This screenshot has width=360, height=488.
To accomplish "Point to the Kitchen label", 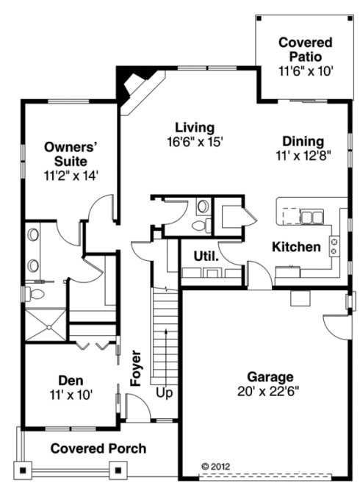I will tap(296, 247).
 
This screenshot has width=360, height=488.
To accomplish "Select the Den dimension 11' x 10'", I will tap(71, 395).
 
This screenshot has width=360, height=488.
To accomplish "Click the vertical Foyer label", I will tap(136, 367).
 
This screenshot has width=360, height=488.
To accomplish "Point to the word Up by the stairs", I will tap(165, 393).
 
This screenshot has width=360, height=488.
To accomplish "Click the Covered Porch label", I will tap(98, 448).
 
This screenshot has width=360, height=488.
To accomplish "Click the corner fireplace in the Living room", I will tap(134, 85).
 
